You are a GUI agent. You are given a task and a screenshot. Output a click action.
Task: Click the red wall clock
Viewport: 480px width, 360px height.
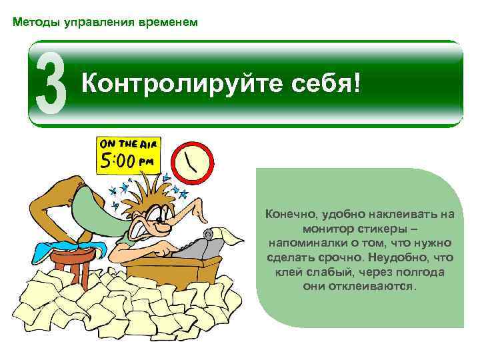[x=193, y=162]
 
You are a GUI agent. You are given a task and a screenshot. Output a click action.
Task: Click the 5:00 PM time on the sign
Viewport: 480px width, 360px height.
[x=127, y=162]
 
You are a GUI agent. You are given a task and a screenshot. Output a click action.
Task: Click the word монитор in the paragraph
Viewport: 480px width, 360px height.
[x=315, y=228]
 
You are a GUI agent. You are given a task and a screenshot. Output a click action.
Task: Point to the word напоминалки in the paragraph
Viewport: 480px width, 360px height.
[x=303, y=243]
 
